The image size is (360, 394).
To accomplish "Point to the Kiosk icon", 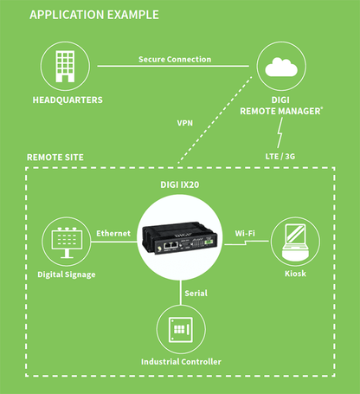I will pos(295,242).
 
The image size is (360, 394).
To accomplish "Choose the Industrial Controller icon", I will pos(181,330).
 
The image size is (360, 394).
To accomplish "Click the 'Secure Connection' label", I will pos(175,60).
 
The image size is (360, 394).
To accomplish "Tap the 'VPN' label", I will pos(184,123).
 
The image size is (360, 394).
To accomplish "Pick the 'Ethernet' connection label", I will pos(113,233).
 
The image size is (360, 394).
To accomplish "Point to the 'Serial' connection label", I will pos(196,293).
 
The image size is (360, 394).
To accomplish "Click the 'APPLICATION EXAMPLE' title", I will pos(94,15).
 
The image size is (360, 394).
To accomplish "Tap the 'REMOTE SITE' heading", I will pos(55,158).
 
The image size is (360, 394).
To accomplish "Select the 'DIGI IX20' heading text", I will pos(180,185).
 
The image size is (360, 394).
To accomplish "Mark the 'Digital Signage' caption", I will pos(67,275).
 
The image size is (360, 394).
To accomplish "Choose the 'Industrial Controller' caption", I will pos(181,361).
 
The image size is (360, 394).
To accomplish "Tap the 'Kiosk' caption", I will pos(295,275).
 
